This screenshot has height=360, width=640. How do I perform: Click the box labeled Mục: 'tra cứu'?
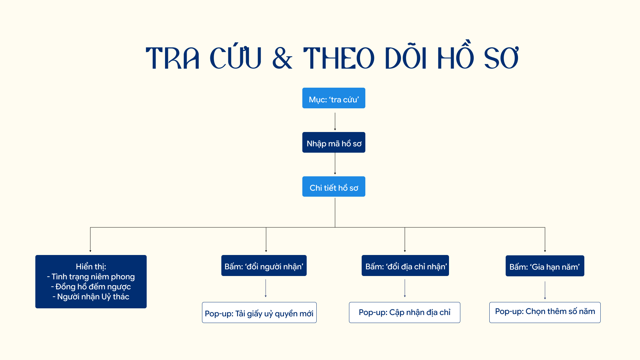[334, 98]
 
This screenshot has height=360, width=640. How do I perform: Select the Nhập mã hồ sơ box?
[334, 142]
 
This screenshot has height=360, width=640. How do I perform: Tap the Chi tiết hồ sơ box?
[334, 186]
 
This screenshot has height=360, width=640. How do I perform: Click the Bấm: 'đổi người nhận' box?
[264, 265]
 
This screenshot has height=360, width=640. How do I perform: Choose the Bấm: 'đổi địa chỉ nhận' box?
[405, 265]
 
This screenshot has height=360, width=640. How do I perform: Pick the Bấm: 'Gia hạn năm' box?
[545, 266]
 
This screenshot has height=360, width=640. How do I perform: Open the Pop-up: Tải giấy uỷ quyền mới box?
[259, 312]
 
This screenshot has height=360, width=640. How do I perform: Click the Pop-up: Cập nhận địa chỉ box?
[405, 312]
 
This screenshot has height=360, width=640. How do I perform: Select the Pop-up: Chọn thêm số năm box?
[545, 312]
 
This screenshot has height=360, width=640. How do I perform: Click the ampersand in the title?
[282, 58]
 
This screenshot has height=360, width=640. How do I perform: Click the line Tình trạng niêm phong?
[91, 277]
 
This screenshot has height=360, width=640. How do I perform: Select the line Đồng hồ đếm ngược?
[91, 287]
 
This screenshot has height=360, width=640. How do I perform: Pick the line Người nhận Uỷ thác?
[91, 297]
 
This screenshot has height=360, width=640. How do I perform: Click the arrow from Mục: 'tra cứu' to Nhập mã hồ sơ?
[335, 121]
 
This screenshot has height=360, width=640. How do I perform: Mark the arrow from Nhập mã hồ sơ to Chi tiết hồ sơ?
[335, 164]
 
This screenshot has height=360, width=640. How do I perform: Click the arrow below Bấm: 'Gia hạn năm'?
[545, 290]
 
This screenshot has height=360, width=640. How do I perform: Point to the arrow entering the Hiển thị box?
[90, 240]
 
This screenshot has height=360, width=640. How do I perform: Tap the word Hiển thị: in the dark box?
[91, 267]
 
